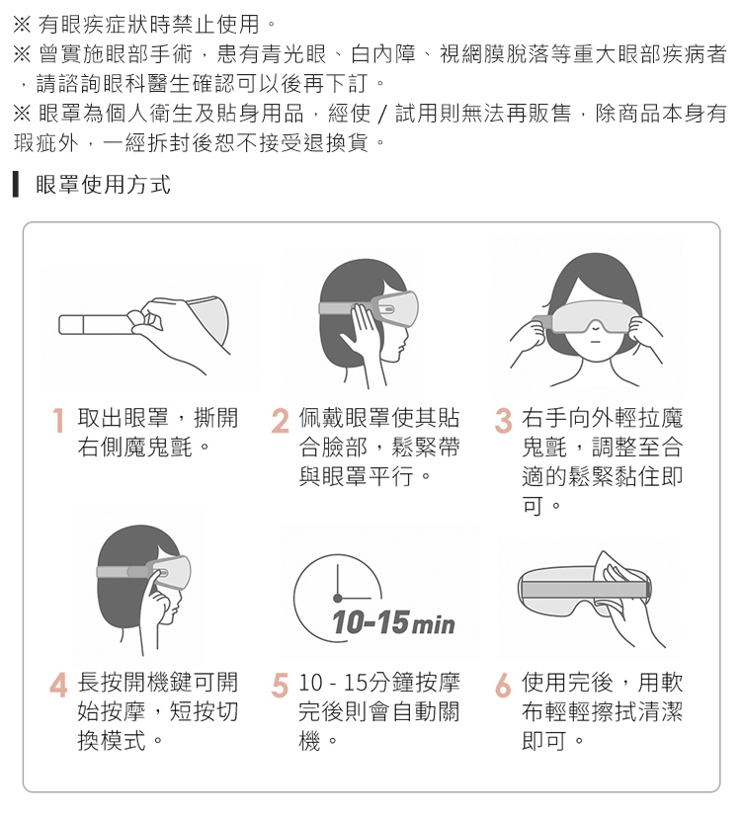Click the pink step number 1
tap(58, 421)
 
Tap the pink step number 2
tap(281, 421)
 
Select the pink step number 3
tap(504, 421)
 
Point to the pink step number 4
tap(58, 685)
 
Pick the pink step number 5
tap(281, 685)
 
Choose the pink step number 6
tap(503, 685)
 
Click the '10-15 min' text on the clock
tap(393, 623)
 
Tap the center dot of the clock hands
tap(338, 598)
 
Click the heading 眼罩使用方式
tap(104, 184)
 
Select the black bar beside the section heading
tap(16, 184)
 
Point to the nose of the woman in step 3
tap(595, 327)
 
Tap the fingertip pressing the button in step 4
tap(156, 573)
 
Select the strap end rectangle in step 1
tap(71, 324)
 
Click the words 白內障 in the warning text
tap(383, 53)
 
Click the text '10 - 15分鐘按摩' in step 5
tap(378, 683)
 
